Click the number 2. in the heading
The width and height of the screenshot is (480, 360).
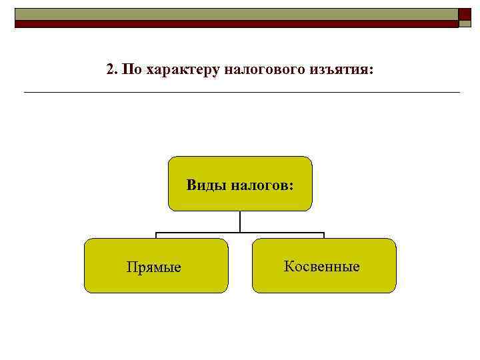112,69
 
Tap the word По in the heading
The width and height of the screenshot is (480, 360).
131,69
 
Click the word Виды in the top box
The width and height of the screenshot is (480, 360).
207,185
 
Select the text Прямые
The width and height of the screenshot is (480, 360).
154,267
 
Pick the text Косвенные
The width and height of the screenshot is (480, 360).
321,267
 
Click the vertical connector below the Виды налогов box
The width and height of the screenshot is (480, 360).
240,221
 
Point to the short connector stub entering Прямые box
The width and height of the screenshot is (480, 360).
157,235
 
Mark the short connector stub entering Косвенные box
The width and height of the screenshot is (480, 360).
324,235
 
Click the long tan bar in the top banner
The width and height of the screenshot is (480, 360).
236,14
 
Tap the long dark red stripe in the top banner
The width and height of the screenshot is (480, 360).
236,24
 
